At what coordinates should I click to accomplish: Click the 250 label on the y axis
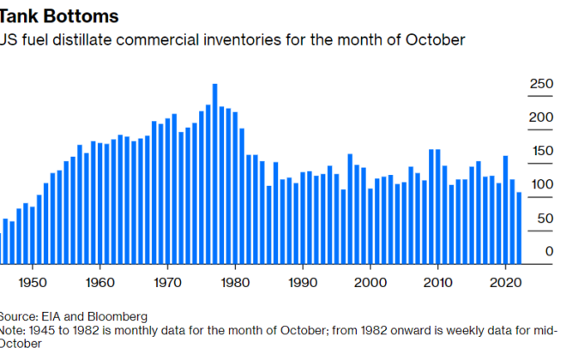(x=542, y=84)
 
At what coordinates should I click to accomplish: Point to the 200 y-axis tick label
(x=542, y=117)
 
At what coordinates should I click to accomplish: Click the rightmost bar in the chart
(x=520, y=228)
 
